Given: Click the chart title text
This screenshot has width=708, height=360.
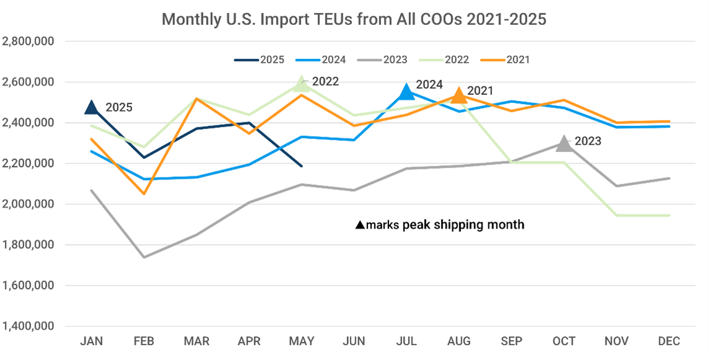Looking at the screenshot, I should point(354,19).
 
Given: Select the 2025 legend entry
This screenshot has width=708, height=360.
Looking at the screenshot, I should point(259,60).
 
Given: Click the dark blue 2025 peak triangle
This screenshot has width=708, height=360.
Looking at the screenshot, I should point(91,107).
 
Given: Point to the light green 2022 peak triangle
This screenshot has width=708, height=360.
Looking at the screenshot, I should point(302,84).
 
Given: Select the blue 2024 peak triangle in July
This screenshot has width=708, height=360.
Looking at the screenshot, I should point(406,92).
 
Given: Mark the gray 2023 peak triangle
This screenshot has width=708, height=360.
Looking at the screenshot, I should point(563,144).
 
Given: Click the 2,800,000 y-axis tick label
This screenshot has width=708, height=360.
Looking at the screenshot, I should point(29,42).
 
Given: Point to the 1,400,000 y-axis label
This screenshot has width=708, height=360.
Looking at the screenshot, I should point(29,326).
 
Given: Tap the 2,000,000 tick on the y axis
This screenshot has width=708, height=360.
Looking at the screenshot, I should point(29,204).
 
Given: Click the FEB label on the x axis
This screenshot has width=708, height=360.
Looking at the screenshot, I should point(144,341).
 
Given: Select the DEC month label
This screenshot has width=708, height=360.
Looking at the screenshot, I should point(668,341).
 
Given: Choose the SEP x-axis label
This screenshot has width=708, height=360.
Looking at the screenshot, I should point(511,341).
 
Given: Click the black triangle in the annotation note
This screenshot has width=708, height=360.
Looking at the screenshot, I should point(360,225).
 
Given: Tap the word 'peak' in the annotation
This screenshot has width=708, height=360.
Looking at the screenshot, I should point(416,225).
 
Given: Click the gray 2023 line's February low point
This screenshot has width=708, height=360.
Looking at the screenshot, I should point(144,257).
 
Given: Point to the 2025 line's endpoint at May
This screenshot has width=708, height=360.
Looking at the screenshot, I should point(302,166).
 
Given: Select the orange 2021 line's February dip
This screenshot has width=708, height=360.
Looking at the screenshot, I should point(144,194).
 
